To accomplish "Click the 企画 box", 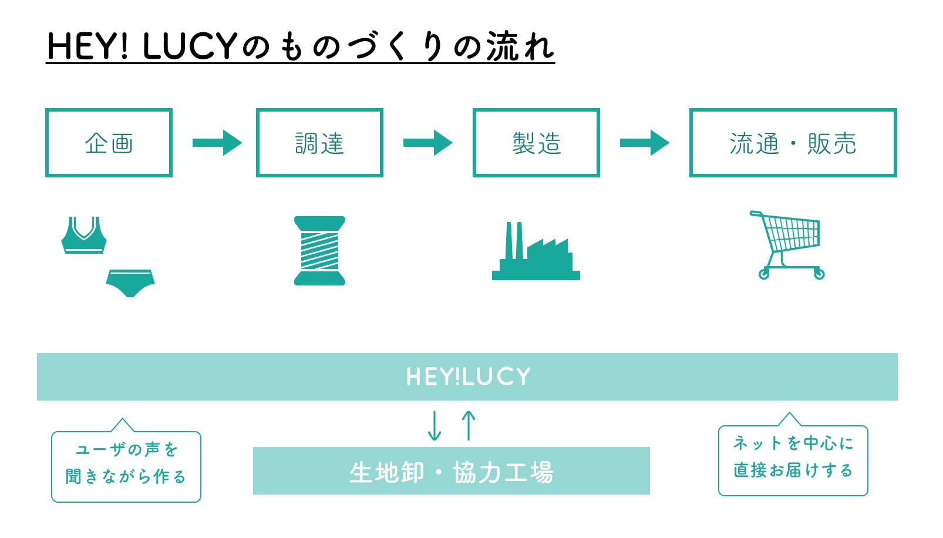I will pos(109,143).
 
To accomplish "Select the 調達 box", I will pos(319,143).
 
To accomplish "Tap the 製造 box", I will pos(536,143).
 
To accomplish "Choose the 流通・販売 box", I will pos(793,143).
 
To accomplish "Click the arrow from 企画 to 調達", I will pos(217,143).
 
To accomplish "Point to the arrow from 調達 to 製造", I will pos(428,143).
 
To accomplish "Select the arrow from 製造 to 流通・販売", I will pos(645,143).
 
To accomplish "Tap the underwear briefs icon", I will pos(130,283).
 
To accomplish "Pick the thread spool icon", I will pos(319,251).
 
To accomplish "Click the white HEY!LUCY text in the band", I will pos(468,376).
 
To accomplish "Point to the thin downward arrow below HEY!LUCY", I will pos(435,426).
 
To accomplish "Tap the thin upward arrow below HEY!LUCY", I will pos(468,425).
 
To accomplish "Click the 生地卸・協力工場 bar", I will pos(451,471).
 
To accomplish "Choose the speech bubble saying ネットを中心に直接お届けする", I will pos(793,460).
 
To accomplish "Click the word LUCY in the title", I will pos(189,46).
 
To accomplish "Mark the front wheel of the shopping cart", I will pos(819,274).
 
